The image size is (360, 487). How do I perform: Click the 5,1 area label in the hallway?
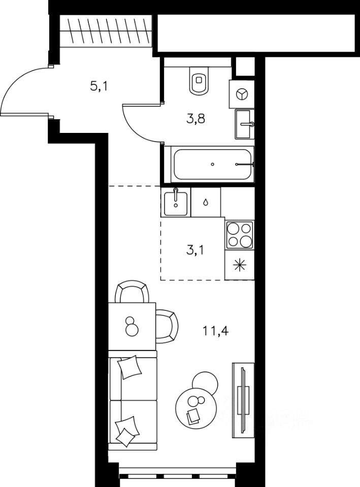[99, 87]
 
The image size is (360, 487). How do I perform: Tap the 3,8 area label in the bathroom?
[195, 119]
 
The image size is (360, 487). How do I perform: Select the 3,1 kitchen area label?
[195, 250]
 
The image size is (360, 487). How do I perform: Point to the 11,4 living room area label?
[216, 331]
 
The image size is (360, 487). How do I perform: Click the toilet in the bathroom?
[199, 81]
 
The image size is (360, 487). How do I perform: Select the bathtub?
[212, 164]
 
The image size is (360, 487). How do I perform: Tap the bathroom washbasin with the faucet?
[245, 124]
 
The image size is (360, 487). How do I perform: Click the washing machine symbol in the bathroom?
[242, 94]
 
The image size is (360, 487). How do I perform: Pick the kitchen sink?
[176, 202]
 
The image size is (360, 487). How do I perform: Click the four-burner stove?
[239, 235]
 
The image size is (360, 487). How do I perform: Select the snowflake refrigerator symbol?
[240, 265]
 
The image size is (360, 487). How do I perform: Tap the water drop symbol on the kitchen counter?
[206, 202]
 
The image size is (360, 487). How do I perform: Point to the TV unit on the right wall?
[243, 400]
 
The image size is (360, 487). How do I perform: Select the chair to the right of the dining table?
[167, 326]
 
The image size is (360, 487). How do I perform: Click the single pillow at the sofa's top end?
[130, 367]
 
